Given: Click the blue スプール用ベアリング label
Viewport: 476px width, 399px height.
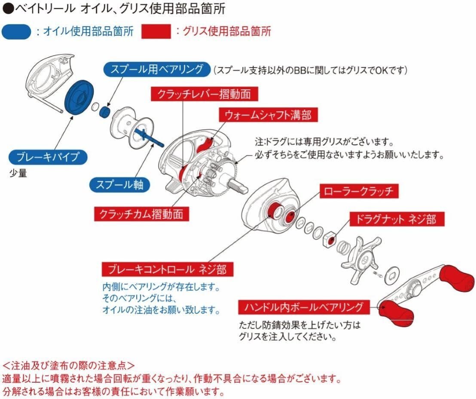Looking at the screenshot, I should pos(156,70).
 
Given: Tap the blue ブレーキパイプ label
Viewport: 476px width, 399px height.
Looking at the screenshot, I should pos(47,157).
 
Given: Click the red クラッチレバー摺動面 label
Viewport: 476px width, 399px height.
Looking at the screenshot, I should pos(201,94).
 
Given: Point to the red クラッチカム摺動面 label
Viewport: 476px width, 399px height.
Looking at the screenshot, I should pos(141,213).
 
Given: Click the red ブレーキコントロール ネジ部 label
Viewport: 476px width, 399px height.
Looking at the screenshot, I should pos(164,269).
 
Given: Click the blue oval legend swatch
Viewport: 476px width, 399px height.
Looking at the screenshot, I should pos(16,32).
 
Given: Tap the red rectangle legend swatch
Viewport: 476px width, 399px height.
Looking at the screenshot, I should pos(156,32).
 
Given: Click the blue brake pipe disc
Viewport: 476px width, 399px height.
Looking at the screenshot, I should pos(79,97).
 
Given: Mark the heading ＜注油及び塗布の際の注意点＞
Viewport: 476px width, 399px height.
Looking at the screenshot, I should pos(69,365).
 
